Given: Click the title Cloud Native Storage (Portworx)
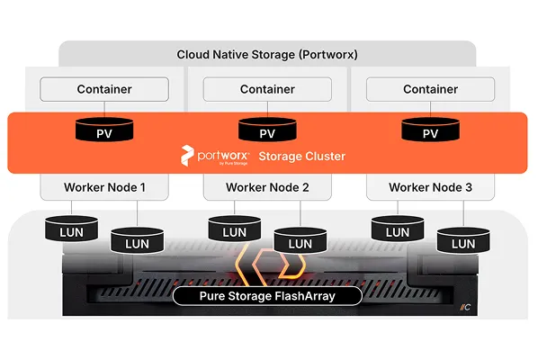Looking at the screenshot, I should point(267,55).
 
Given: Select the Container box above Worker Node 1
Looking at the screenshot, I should point(104,89).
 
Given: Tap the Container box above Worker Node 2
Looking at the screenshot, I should point(267,89).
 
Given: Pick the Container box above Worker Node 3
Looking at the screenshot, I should point(430,89).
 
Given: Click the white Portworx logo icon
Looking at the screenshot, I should point(187,155).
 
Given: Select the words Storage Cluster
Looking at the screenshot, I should point(301,156).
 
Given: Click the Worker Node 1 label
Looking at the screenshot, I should point(104,188).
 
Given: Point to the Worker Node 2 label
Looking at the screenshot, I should point(267,188).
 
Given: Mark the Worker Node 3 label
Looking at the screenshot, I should point(430,188).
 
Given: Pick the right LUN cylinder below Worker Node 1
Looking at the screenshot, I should point(137,241).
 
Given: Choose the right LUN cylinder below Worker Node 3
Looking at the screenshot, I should point(462,241).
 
